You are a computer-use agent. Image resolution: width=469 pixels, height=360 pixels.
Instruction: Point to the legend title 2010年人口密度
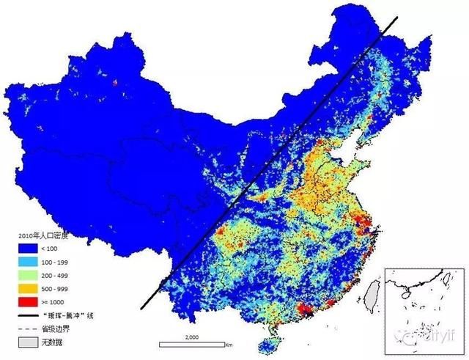(x=41, y=236)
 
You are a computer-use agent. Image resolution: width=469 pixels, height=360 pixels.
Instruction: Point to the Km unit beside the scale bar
(x=229, y=344)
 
